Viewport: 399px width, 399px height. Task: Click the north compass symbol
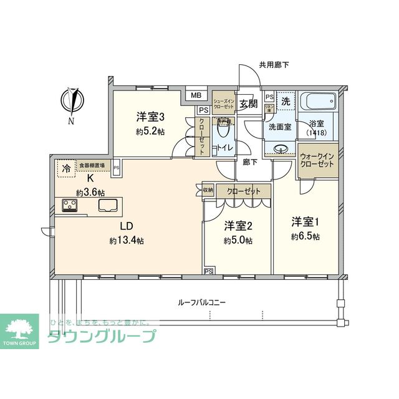coord(74,102)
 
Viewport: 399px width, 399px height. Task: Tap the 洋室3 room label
coord(150,116)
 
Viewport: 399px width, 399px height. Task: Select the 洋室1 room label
coord(305,223)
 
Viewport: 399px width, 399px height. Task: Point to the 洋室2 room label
coord(237,226)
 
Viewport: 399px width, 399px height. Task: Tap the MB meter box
coord(196,95)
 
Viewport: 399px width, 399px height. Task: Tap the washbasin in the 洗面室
coord(282,150)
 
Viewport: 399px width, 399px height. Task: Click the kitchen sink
coord(110,205)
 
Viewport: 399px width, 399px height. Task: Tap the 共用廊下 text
coord(275,65)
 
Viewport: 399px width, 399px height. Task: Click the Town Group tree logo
coord(22,329)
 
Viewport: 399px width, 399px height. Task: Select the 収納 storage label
coord(208,190)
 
